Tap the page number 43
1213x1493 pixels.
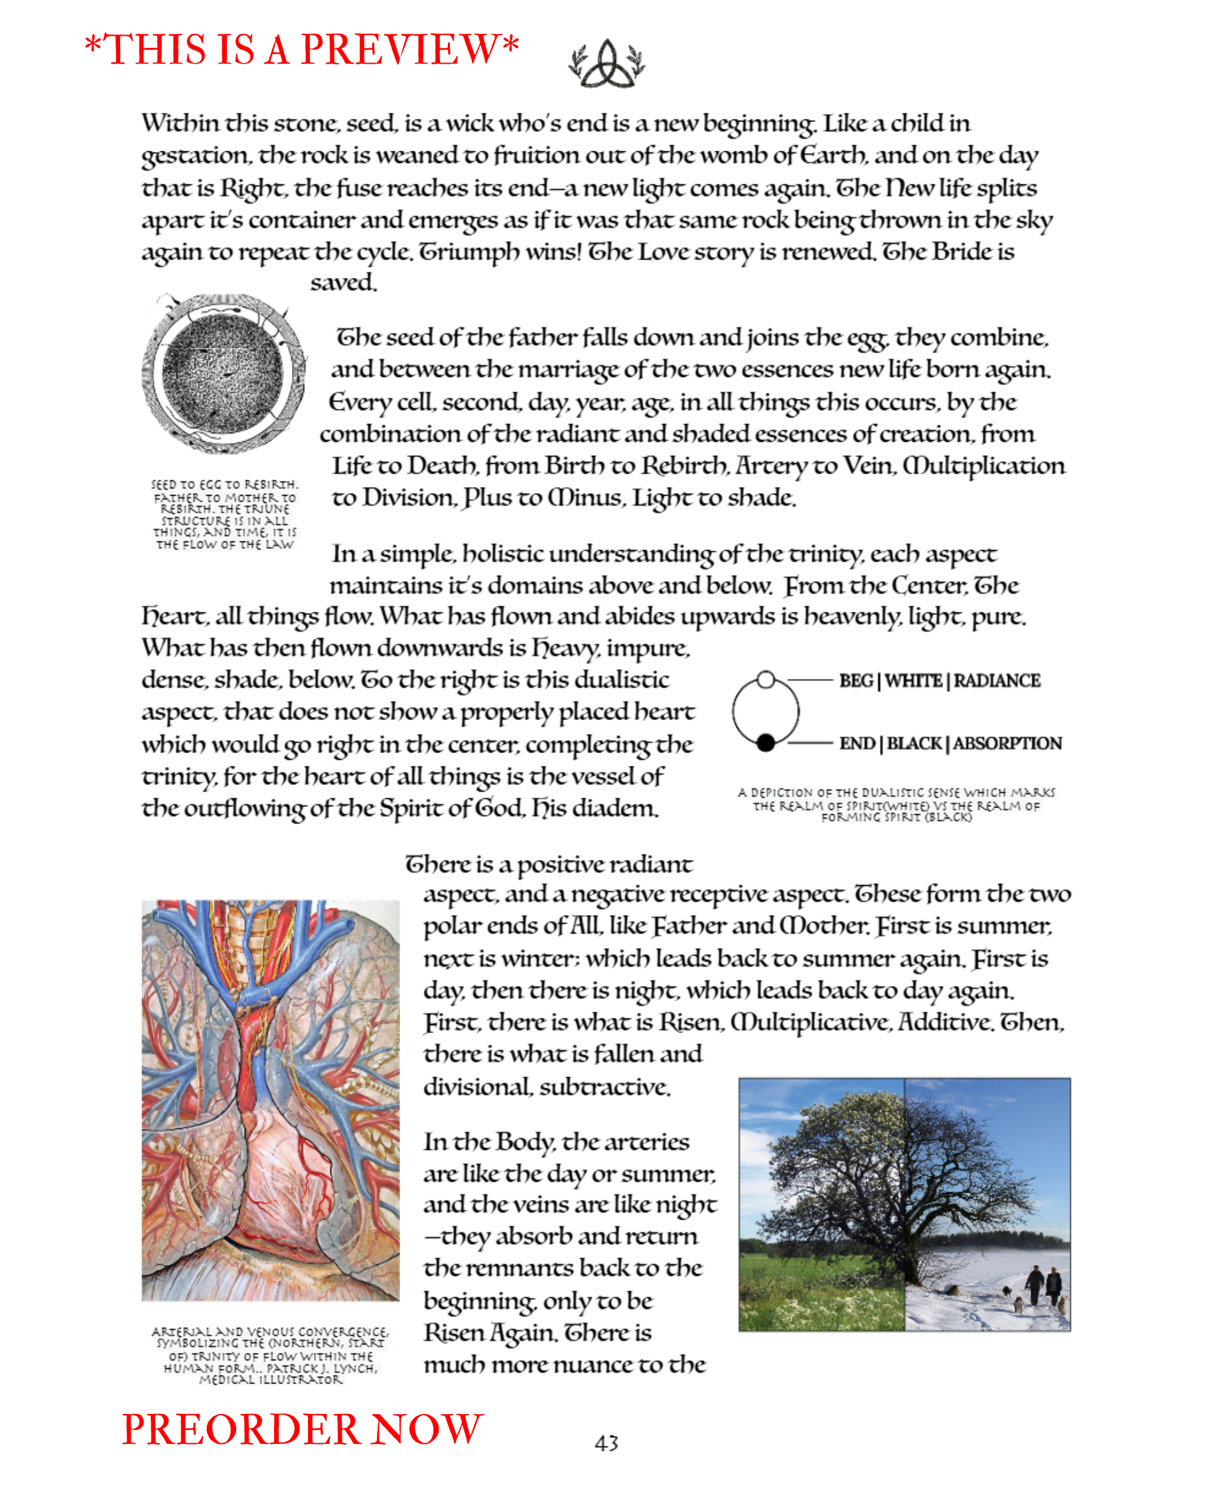click(606, 1443)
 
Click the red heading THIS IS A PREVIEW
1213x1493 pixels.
click(301, 50)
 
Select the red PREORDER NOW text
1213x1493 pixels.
click(302, 1429)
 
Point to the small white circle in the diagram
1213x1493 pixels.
click(766, 679)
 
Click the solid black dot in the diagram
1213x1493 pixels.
click(766, 743)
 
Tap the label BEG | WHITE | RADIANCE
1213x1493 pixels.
click(939, 681)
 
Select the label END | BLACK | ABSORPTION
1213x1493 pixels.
click(950, 743)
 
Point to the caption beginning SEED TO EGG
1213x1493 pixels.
click(224, 514)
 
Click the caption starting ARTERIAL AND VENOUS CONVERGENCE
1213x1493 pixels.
click(271, 1356)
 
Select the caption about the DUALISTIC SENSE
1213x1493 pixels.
click(896, 804)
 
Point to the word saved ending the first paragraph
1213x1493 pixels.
click(343, 283)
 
